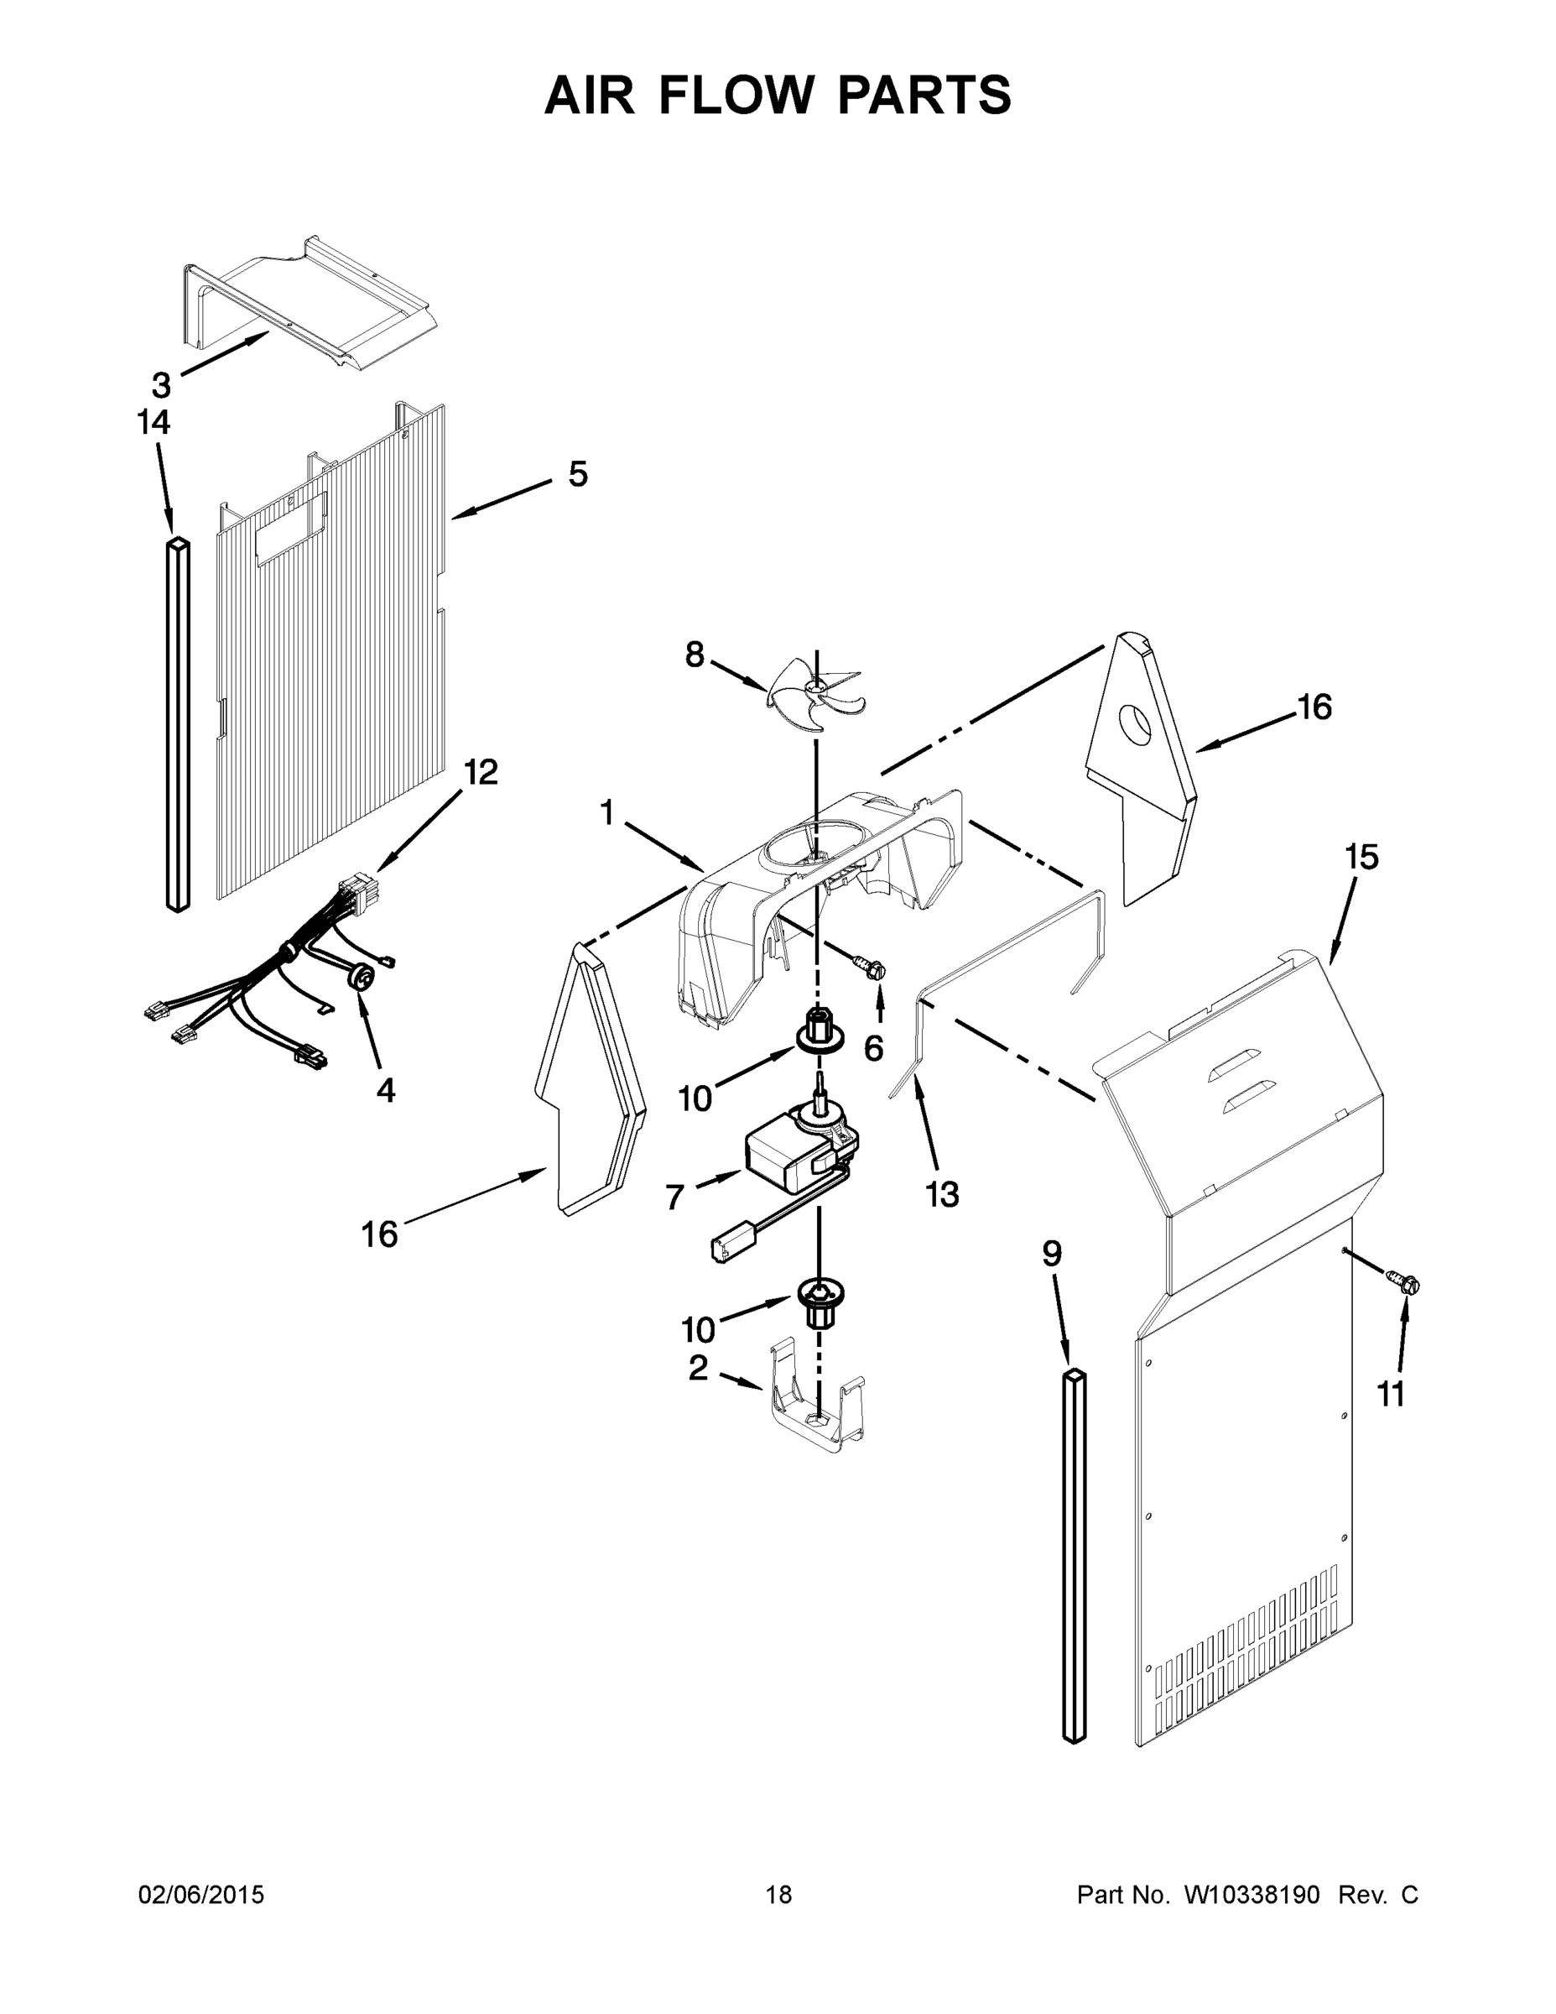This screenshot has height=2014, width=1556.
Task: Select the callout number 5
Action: (x=578, y=475)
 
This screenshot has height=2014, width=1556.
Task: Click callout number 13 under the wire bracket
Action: (x=942, y=1194)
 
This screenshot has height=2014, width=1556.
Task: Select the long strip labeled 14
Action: (x=179, y=724)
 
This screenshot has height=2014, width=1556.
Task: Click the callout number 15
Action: (x=1361, y=858)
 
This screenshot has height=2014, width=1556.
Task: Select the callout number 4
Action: (x=385, y=1091)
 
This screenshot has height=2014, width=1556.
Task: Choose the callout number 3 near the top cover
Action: (x=161, y=384)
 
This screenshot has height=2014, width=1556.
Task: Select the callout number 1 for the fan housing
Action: (x=606, y=812)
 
